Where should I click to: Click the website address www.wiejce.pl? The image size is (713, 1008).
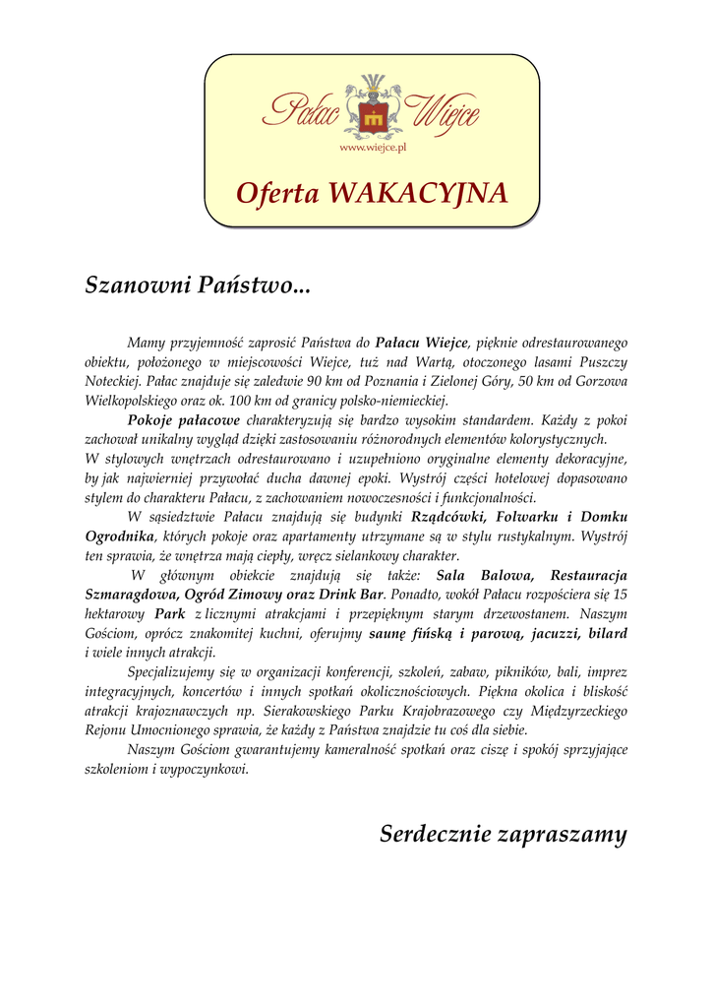pos(373,148)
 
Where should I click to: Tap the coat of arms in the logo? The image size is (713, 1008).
pos(372,117)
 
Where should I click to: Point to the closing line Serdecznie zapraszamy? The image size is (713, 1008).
pos(503,835)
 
